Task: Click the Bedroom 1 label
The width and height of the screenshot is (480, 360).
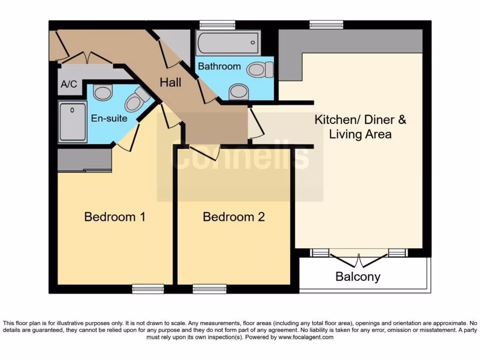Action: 114,217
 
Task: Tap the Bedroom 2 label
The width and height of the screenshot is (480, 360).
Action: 233,217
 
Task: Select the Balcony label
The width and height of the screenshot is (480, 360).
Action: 358,277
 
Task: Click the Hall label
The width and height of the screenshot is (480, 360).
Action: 170,82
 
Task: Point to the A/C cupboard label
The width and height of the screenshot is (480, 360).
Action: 69,85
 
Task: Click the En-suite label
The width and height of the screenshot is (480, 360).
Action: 109,118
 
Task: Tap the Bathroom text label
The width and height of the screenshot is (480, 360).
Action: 219,66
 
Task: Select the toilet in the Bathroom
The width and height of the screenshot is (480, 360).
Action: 261,70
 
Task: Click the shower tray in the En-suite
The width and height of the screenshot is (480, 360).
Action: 73,122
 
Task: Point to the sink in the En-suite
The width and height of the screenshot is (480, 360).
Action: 102,92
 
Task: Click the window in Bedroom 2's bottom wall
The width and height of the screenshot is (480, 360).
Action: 209,289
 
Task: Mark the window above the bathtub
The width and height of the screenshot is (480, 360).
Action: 217,25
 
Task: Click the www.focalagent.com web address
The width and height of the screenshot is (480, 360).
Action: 306,337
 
